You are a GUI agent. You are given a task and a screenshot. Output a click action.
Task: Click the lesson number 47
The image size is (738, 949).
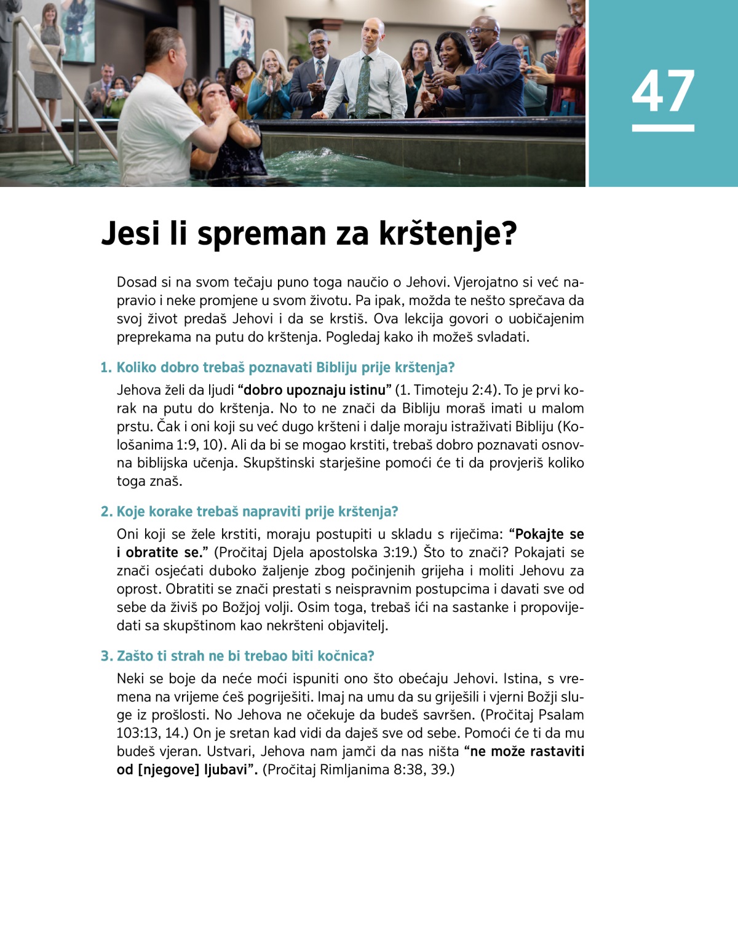[x=663, y=91]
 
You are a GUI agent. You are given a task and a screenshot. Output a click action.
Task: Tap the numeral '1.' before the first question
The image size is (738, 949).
[x=106, y=368]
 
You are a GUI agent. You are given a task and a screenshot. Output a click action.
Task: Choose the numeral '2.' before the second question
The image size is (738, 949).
[x=106, y=512]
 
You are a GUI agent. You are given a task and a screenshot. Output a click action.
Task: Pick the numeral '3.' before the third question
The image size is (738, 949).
[x=106, y=656]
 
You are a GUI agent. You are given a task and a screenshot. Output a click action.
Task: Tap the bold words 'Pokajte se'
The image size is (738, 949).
[x=550, y=534]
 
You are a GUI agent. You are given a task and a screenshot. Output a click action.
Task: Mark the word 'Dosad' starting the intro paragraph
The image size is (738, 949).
[x=137, y=282]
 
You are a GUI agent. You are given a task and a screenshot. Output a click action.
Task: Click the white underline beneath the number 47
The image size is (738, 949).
[x=663, y=128]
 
